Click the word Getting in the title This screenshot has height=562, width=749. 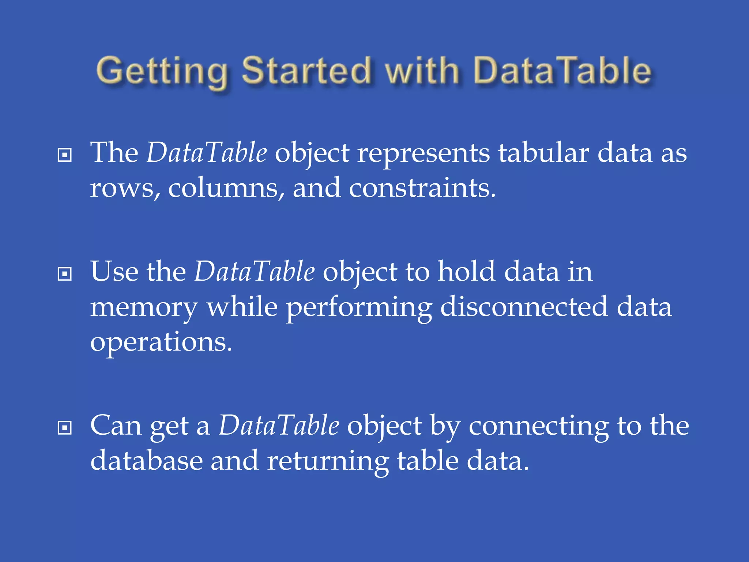pos(161,71)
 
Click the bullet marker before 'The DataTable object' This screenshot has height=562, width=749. pos(65,155)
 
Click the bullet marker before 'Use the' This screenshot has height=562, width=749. pos(65,274)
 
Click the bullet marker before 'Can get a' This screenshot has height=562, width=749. pos(65,428)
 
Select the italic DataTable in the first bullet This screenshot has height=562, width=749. pos(207,153)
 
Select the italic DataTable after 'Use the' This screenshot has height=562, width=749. pos(254,271)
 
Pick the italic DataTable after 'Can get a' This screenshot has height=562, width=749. pos(279,426)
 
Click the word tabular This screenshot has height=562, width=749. pos(543,153)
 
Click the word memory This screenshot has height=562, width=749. pos(144,307)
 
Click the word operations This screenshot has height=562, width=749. pos(161,342)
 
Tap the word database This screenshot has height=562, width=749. pos(146,461)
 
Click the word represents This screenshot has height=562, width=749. pos(424,153)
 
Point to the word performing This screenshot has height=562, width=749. pos(359,307)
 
